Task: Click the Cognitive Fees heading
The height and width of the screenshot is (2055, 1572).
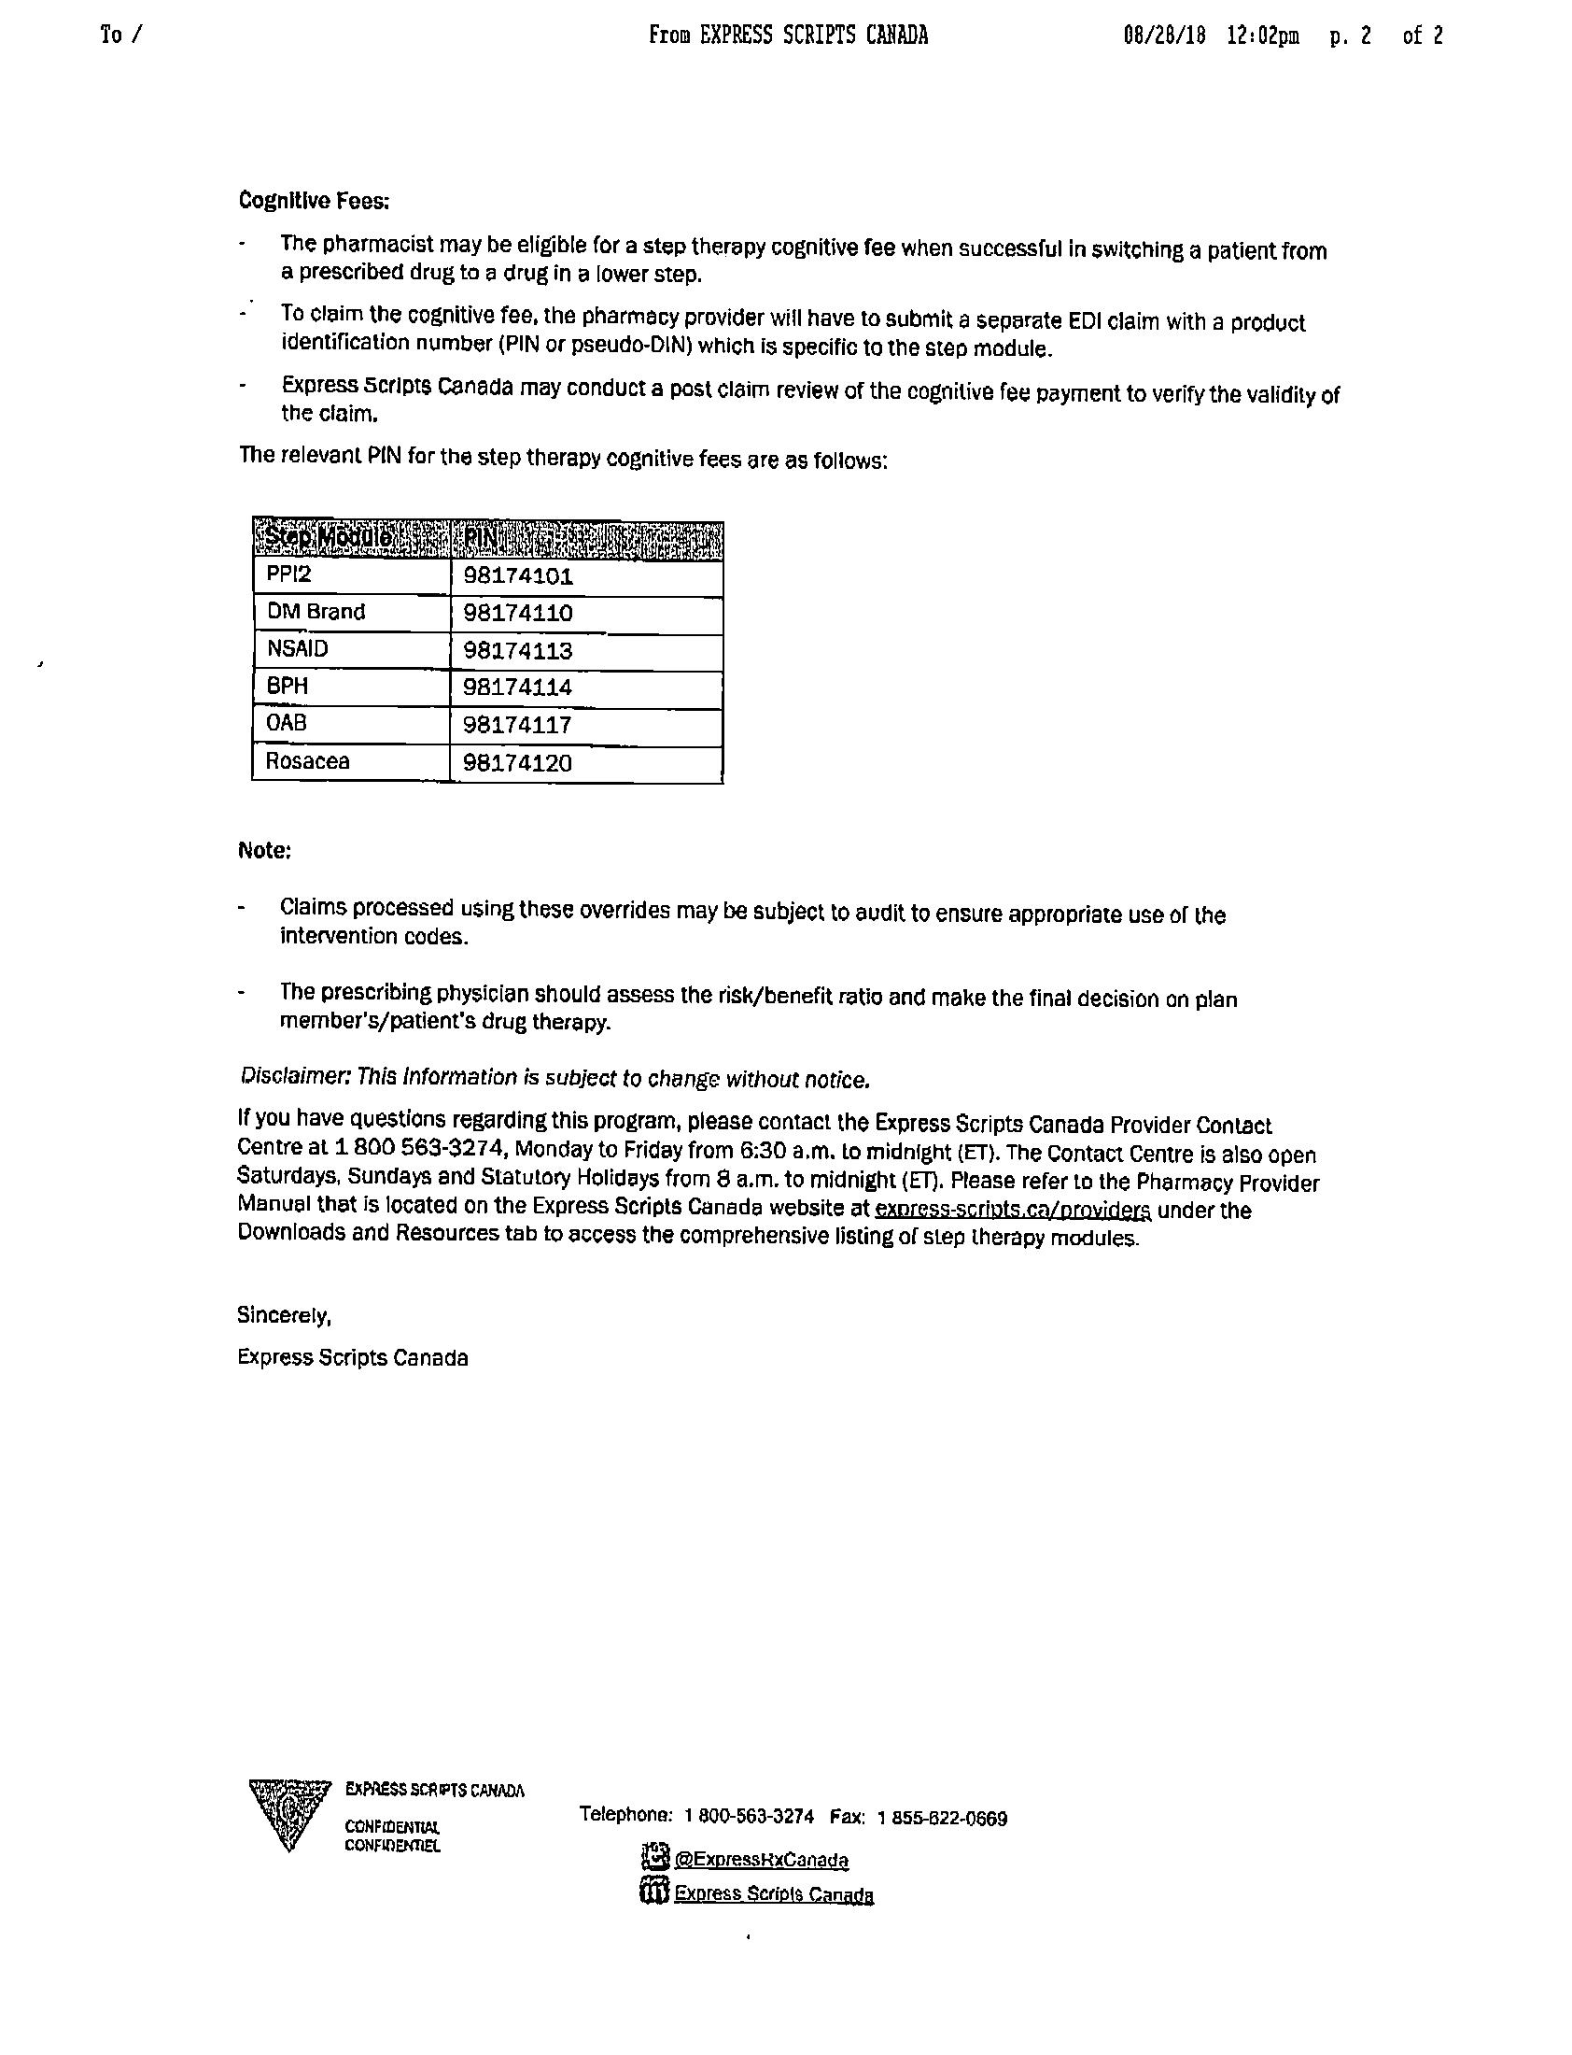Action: (x=314, y=200)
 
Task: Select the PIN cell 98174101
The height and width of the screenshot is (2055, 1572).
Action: (x=517, y=575)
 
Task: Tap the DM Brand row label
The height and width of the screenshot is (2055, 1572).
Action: (x=316, y=612)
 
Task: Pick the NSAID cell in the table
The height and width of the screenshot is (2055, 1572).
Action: (x=298, y=649)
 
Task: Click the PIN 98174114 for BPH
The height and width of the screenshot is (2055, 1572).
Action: (x=517, y=687)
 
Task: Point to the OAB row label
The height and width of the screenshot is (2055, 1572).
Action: (x=287, y=724)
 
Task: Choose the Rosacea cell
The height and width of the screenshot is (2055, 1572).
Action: (x=307, y=761)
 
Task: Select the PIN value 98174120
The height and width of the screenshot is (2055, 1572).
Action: (x=517, y=763)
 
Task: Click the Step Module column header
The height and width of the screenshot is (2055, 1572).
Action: (x=328, y=538)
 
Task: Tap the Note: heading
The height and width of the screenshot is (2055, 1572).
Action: (x=264, y=850)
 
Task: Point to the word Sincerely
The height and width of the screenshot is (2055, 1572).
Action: (x=284, y=1315)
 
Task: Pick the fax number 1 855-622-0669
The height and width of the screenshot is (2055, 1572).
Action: (x=942, y=1818)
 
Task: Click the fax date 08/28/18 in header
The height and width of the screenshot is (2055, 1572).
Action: (x=1164, y=35)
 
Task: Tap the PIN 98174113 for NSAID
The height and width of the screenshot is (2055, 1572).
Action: (x=517, y=651)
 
